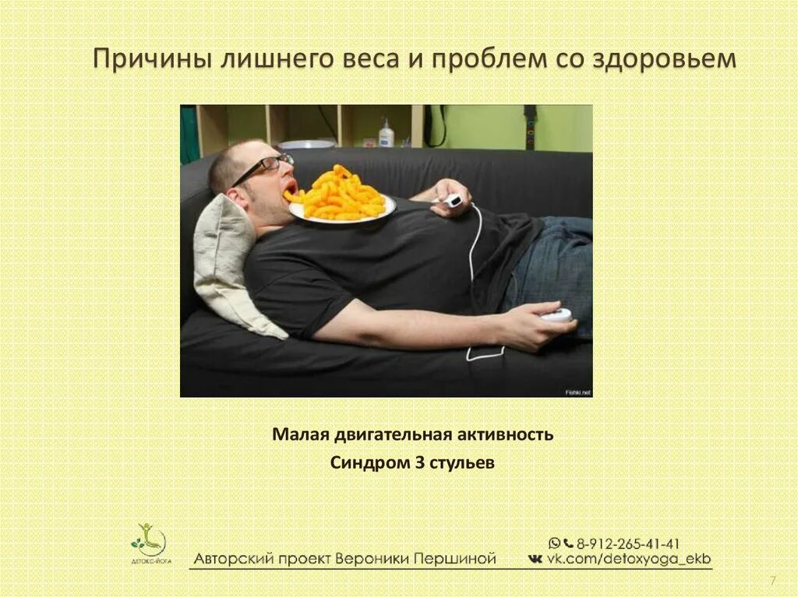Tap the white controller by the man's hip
[x=556, y=315]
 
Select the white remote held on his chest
[x=452, y=201]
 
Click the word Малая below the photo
[x=299, y=434]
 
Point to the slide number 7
[x=772, y=581]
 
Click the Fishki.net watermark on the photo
[x=577, y=392]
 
